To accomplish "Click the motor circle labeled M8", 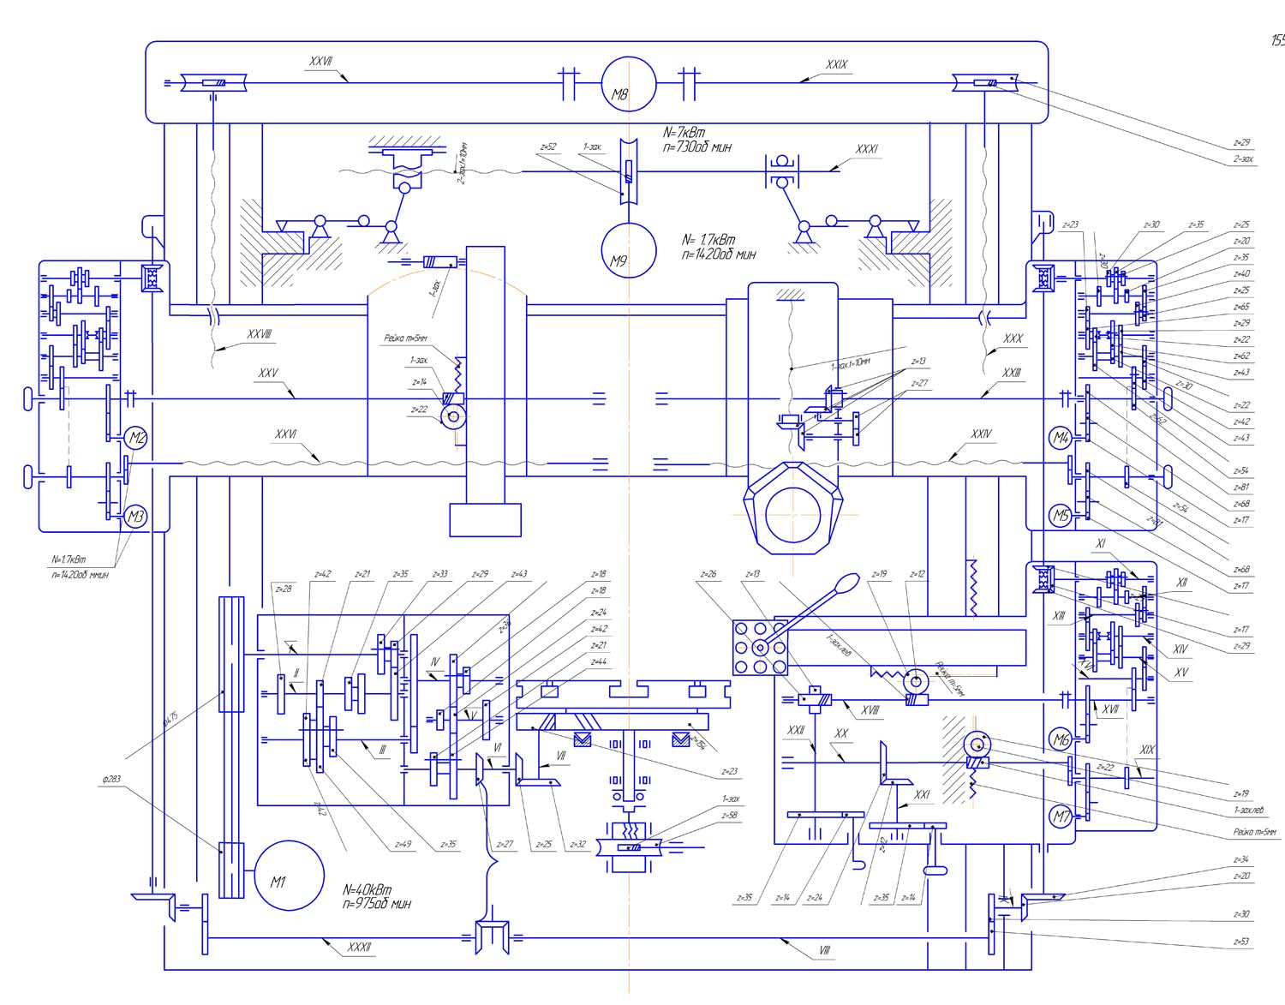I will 628,86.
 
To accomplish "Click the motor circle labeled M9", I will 628,251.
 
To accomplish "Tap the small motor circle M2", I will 136,439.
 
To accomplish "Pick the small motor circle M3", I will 136,517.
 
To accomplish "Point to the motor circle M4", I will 1061,438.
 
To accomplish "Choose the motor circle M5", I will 1061,515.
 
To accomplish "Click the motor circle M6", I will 1061,739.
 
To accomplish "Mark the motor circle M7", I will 1061,816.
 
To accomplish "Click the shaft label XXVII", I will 321,62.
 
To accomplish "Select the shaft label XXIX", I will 837,65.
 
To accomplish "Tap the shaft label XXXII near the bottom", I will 359,947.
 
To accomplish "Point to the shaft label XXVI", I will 286,434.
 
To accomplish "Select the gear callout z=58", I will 730,815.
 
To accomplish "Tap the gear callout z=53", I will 1241,941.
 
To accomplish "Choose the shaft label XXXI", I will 867,149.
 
